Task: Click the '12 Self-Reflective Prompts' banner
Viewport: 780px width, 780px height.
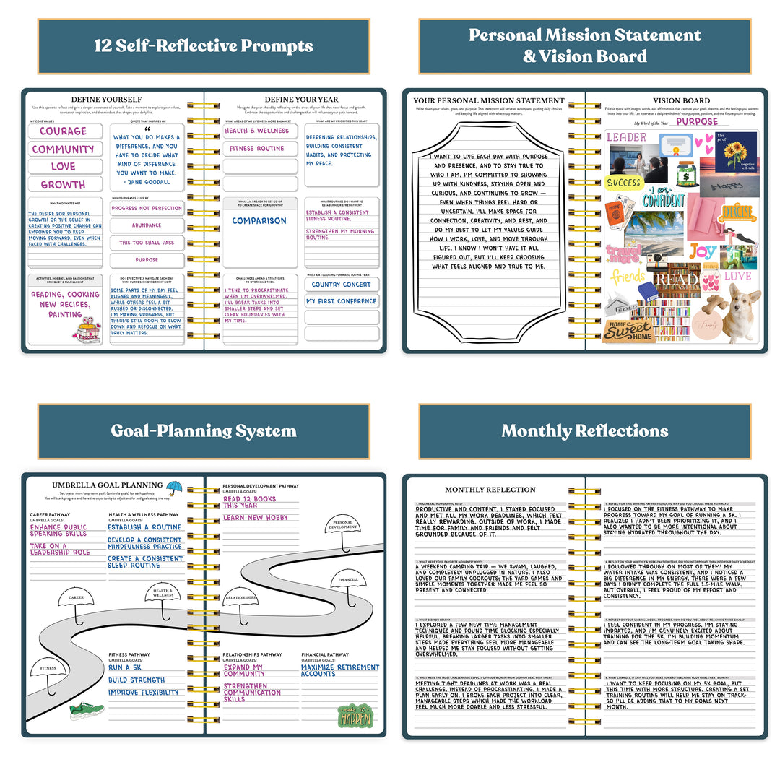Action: coord(203,46)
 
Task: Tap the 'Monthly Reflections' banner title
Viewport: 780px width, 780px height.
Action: coord(584,431)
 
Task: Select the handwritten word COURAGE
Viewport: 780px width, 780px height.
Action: coord(63,131)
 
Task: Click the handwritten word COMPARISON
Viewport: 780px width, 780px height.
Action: coord(259,221)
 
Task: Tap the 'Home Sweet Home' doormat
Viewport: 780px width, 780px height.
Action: coord(628,331)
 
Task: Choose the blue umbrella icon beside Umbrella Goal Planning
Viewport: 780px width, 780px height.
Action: coord(174,488)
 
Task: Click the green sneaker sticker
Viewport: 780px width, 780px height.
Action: coord(87,711)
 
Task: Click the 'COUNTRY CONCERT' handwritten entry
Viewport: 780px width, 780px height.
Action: coord(341,285)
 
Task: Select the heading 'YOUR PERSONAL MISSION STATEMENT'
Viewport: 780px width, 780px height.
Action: coord(489,100)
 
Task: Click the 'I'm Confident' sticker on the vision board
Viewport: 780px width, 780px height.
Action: coord(664,196)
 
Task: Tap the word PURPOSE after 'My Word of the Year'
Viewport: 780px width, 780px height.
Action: coord(698,122)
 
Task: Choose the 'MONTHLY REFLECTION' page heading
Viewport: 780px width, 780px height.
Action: coord(490,490)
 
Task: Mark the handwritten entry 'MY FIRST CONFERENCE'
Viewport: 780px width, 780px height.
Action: coord(342,301)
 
